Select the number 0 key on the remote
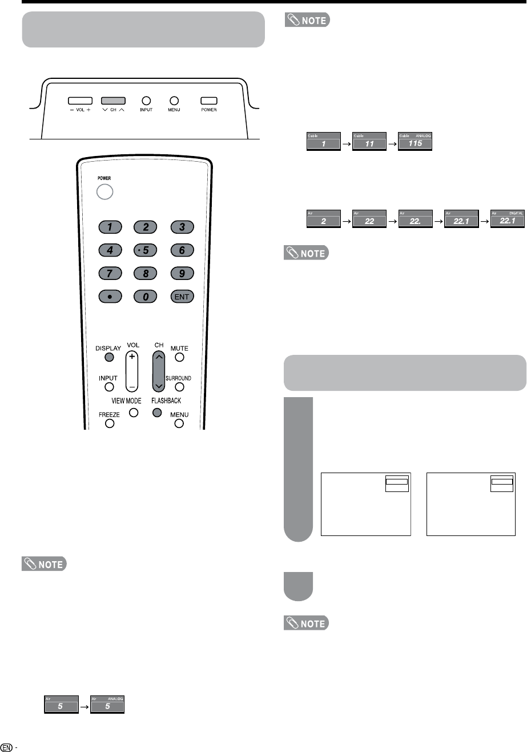tap(146, 297)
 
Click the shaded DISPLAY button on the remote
tap(109, 358)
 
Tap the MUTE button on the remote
tap(179, 358)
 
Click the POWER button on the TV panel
tap(208, 101)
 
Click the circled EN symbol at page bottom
tap(6, 747)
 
